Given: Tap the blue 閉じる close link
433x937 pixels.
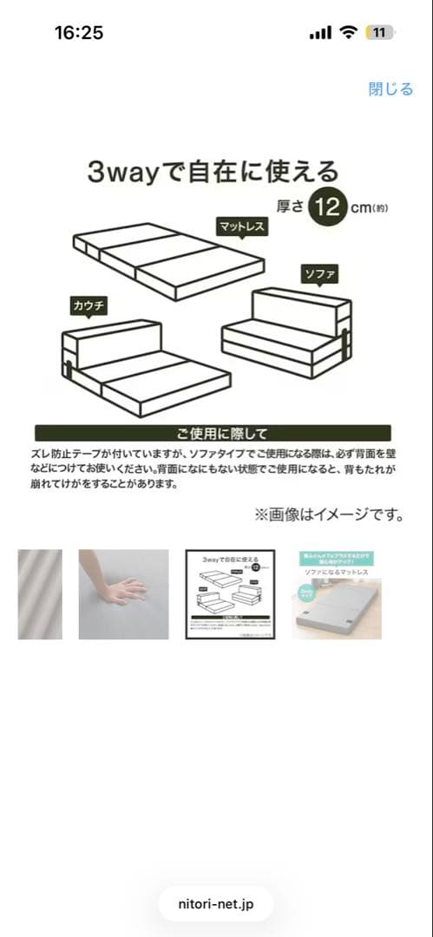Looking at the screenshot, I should coord(390,88).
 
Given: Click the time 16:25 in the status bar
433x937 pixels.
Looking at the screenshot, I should coord(79,33).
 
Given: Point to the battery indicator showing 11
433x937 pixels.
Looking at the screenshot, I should coord(379,33).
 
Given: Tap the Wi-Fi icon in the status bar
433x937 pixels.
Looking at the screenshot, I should coord(349,33).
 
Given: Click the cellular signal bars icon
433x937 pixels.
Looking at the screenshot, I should coord(320,33).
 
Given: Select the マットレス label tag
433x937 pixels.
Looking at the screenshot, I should coord(242,226).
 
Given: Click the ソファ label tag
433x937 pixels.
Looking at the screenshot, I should coord(318,274).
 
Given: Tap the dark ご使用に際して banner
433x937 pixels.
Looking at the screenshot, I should coord(213,433).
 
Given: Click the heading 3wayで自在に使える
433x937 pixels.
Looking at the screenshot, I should coord(213,171).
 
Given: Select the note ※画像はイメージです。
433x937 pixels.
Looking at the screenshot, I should coord(330,515).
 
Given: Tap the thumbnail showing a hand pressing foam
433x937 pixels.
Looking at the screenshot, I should coord(123,594).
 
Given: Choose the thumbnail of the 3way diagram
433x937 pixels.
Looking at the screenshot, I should coord(232,594).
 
